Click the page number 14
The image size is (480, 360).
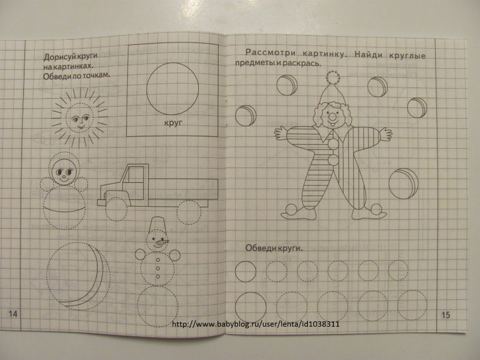(x=13, y=313)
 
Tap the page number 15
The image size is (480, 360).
(x=446, y=315)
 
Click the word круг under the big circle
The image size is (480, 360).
(x=173, y=123)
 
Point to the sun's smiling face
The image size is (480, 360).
(x=80, y=118)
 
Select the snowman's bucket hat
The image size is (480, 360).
(x=157, y=224)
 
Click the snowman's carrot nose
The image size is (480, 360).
(x=162, y=243)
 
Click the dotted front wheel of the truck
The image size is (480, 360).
(x=118, y=209)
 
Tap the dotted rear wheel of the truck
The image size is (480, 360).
(x=190, y=212)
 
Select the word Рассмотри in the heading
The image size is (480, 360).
(x=271, y=53)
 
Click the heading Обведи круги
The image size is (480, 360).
(x=274, y=248)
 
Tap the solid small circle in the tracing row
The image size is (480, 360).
(x=246, y=272)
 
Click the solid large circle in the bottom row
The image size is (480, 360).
(x=251, y=307)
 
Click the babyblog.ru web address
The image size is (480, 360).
(x=256, y=324)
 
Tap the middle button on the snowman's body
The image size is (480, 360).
(x=158, y=268)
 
